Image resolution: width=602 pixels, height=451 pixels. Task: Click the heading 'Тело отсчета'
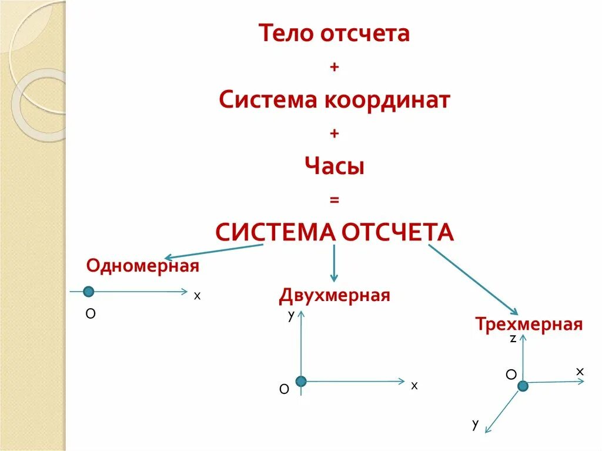(x=335, y=34)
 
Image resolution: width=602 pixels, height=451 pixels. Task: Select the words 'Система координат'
(x=335, y=100)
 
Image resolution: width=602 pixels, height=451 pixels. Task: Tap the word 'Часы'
(x=335, y=166)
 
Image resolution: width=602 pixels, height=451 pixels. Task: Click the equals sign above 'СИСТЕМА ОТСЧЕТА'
(x=335, y=201)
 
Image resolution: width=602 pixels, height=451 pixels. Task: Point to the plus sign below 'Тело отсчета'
(x=335, y=68)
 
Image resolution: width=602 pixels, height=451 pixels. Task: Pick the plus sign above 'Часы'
(x=335, y=133)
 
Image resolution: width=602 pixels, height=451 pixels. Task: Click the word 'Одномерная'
(x=143, y=266)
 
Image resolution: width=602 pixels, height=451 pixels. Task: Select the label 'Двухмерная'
(x=335, y=295)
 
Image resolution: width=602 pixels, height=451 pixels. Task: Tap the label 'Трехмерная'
(x=529, y=324)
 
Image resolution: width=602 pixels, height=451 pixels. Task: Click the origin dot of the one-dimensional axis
(x=88, y=291)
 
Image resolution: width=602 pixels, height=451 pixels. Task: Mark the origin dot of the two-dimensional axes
(x=301, y=382)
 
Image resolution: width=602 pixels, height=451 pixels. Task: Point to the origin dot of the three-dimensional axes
(x=523, y=385)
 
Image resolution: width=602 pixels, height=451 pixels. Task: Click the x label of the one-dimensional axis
(x=198, y=296)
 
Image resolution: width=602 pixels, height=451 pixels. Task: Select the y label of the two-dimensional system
(x=291, y=316)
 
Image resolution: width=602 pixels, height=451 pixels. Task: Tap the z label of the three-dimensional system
(x=513, y=339)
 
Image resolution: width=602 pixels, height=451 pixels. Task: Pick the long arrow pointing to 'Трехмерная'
(x=473, y=279)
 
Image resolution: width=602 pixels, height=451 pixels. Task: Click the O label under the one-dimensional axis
(x=91, y=314)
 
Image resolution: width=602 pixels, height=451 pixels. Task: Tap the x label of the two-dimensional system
(x=414, y=386)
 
